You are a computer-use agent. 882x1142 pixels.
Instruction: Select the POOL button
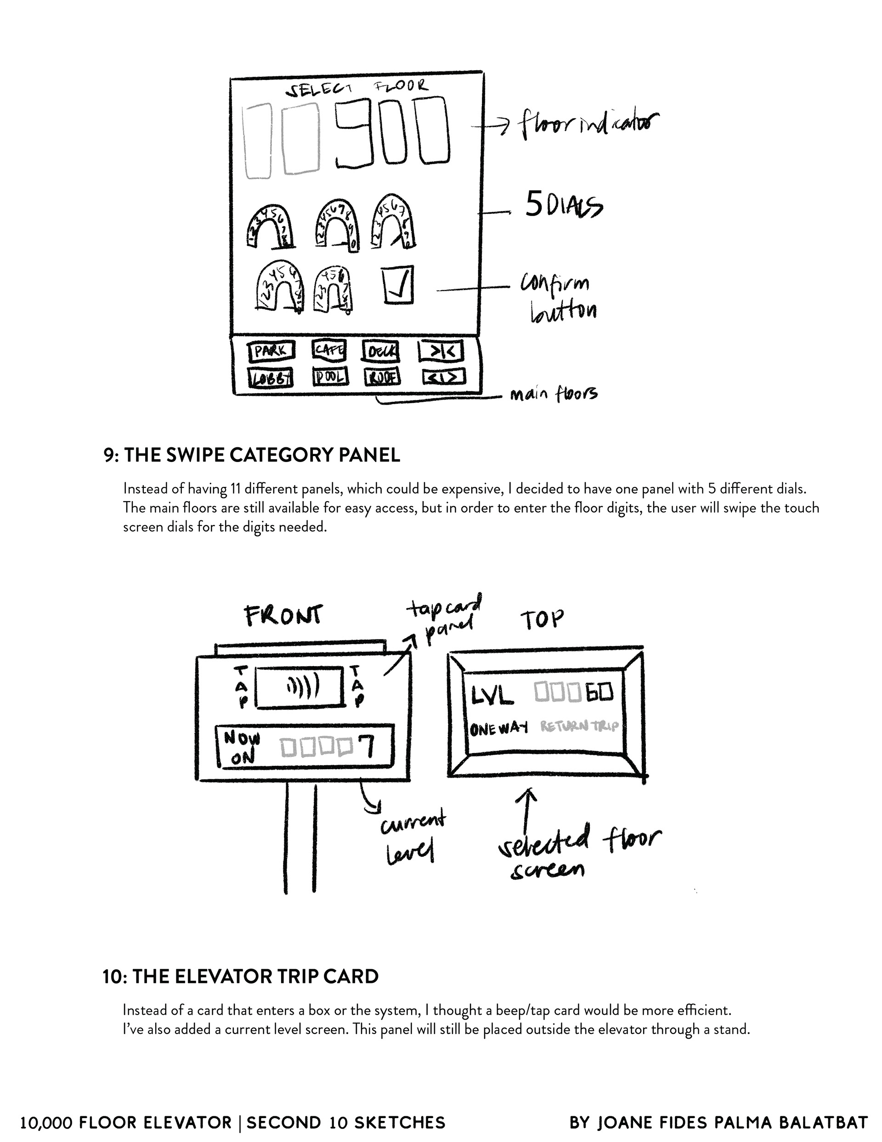coord(330,377)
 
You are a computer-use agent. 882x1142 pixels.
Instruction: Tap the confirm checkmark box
coord(398,285)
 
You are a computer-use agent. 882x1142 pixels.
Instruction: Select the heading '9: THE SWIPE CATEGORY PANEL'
coord(252,455)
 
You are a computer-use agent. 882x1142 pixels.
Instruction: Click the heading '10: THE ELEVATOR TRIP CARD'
coord(241,976)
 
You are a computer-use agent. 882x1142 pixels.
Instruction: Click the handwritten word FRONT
coord(284,616)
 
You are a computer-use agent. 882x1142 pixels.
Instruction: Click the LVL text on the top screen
coord(492,695)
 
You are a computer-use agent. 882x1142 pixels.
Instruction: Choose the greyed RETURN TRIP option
coord(579,726)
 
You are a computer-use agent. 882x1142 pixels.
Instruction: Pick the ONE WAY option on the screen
coord(498,728)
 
